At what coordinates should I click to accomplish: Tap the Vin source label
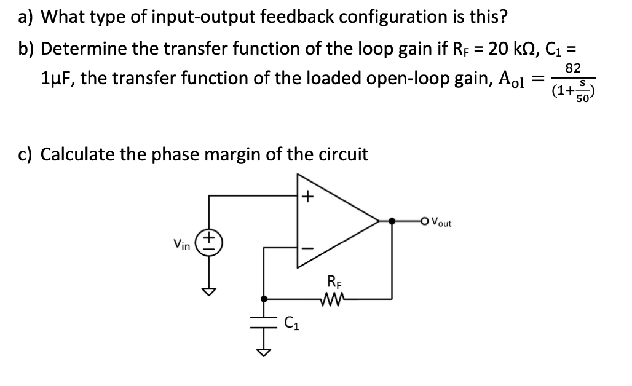click(182, 245)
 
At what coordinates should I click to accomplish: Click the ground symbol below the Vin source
click(210, 291)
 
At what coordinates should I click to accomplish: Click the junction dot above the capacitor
click(264, 299)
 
